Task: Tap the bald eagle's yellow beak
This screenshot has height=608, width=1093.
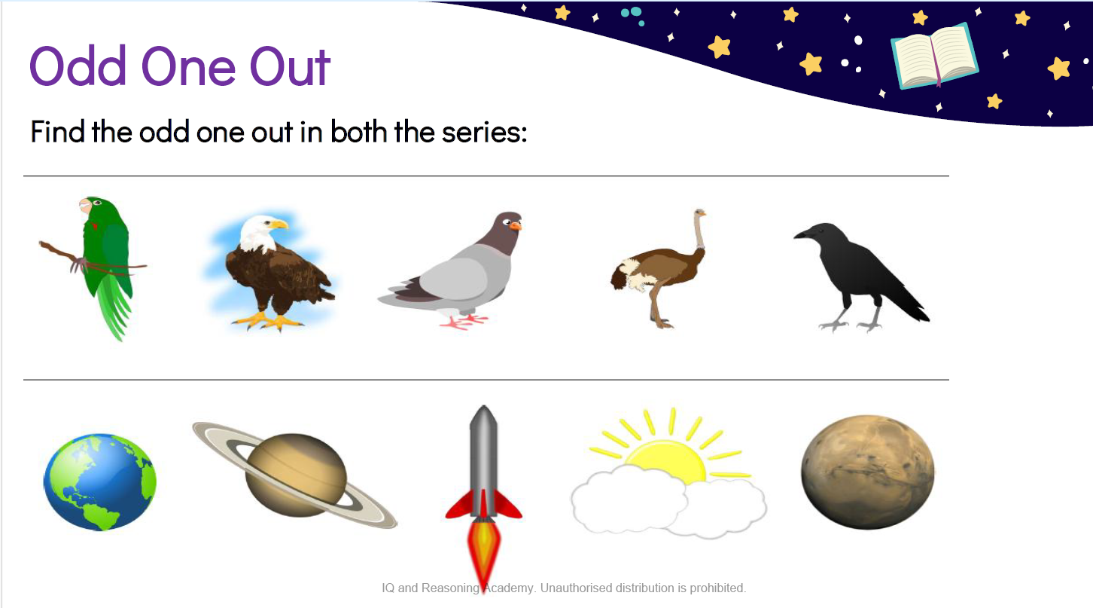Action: pos(279,225)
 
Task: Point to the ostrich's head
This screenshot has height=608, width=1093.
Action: pos(700,213)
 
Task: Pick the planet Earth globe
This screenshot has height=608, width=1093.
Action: pos(100,482)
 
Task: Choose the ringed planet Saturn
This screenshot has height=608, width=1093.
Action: pos(295,475)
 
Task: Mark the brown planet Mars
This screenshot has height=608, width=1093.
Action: pos(868,472)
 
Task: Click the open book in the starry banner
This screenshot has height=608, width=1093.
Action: pos(934,57)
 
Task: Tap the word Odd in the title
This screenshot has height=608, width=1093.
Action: pos(78,66)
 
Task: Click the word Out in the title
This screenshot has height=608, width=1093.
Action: pos(290,67)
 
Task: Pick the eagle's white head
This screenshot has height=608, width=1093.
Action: pos(259,232)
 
